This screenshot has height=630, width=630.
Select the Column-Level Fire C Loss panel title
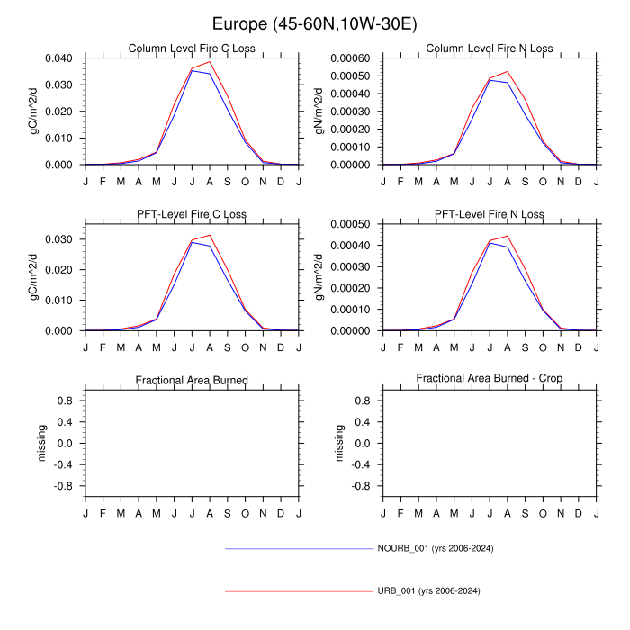point(192,49)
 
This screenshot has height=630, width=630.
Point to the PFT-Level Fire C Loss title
point(192,214)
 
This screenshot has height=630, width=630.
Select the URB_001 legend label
point(427,591)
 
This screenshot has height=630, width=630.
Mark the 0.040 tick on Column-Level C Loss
point(62,58)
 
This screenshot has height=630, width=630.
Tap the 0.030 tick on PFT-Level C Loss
point(62,239)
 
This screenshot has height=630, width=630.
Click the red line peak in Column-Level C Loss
point(210,61)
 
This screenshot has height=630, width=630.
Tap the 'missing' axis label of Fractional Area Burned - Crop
point(339,443)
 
